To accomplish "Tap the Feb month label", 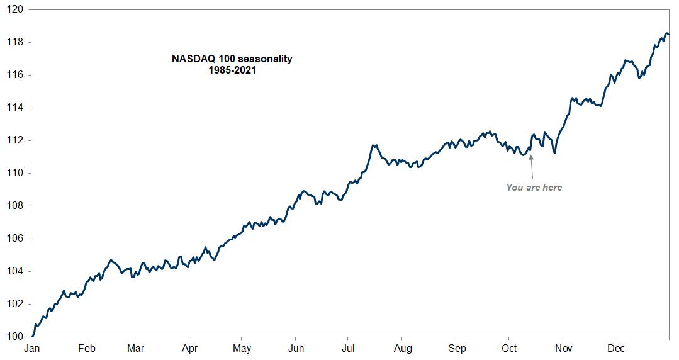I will (86, 349).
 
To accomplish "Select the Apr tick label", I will (189, 349).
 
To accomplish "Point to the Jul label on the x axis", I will (347, 349).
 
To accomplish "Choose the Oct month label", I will (509, 349).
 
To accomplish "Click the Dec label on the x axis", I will (616, 349).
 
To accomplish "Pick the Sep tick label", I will (457, 349).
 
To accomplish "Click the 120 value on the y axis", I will (15, 9).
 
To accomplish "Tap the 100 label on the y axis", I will (15, 337).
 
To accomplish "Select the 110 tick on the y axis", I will (15, 173).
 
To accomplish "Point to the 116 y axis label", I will (15, 75).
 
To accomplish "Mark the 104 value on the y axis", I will (15, 271).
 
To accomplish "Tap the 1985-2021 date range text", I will (232, 70).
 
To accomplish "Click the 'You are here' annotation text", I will (534, 188).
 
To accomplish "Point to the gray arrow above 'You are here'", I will (531, 167).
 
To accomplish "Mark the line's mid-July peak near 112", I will (374, 145).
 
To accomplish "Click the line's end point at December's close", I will (668, 34).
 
